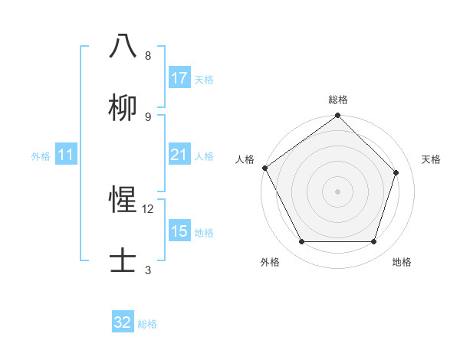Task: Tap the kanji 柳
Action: (123, 107)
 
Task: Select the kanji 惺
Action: (123, 200)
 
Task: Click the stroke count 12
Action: (148, 208)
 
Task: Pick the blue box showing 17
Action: (179, 78)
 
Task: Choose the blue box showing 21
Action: (179, 155)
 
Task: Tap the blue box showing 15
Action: (179, 231)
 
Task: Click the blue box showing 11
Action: (66, 155)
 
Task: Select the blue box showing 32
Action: (123, 322)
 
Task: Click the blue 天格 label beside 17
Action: (204, 79)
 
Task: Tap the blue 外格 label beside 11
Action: (41, 155)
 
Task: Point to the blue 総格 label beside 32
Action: (147, 323)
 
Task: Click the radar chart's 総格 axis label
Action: (338, 100)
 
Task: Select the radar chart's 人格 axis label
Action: (245, 159)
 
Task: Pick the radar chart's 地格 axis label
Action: (402, 262)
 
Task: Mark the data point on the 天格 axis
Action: (396, 173)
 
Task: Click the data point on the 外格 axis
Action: (302, 242)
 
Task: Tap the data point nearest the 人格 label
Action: (265, 168)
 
